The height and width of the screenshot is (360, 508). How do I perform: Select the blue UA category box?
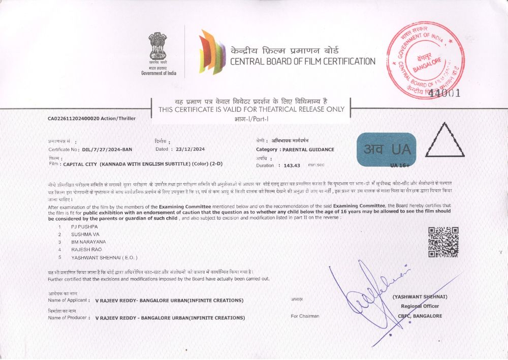coord(387,149)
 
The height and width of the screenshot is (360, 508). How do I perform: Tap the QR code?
coord(443,242)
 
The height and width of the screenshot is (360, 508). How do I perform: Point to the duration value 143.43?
coord(292,166)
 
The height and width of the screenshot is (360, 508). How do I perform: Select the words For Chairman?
coord(305,316)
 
